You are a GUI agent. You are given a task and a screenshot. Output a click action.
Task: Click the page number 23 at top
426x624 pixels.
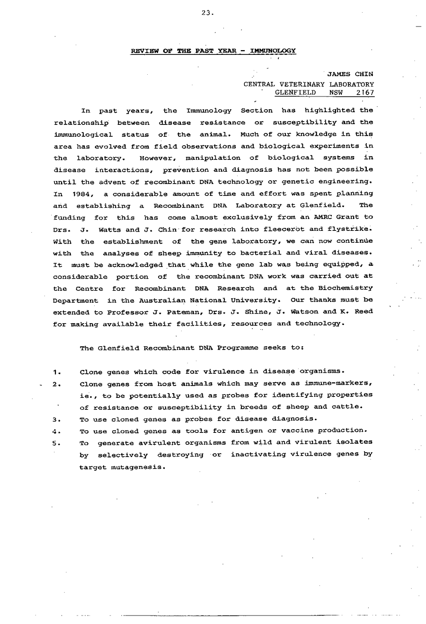click(x=207, y=13)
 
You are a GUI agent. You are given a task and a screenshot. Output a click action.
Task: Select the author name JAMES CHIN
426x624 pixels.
click(x=350, y=74)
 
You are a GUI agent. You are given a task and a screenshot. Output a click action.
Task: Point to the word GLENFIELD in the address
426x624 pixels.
click(x=295, y=93)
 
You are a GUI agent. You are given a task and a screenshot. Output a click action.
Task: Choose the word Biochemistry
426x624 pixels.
click(x=350, y=288)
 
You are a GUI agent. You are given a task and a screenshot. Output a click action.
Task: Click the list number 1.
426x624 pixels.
click(x=56, y=372)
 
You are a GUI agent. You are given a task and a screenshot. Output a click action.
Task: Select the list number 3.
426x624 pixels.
click(x=56, y=420)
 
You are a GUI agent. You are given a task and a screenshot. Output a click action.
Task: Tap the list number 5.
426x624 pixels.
click(x=56, y=443)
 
